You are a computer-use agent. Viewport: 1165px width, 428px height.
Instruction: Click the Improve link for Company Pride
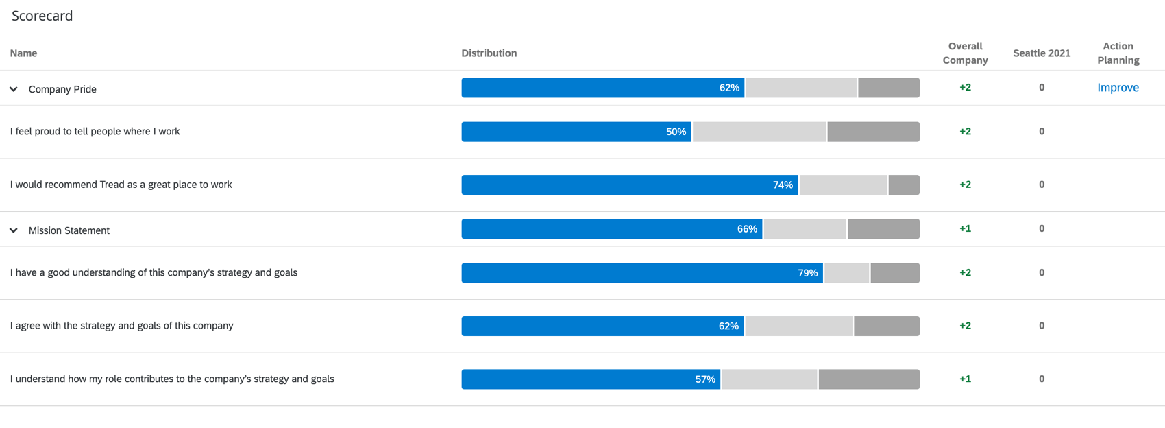1118,88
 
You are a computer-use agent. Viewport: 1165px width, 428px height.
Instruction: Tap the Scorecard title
42,16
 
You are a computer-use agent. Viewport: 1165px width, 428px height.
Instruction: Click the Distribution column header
489,53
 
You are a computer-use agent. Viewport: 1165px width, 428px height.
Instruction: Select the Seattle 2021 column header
1041,53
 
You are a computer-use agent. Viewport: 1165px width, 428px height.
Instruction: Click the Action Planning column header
1118,53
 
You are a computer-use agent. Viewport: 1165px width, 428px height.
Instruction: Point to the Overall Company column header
965,53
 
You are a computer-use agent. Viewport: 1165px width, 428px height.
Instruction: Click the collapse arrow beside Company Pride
14,89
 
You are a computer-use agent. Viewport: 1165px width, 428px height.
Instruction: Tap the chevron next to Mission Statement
14,230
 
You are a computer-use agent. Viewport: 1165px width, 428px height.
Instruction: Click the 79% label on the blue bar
807,273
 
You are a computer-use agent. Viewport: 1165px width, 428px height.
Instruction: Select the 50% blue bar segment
576,132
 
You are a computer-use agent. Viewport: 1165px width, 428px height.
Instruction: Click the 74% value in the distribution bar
783,185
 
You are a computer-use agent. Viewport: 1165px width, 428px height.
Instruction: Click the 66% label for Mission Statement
746,229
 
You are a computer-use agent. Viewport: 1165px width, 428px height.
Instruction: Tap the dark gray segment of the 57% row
868,379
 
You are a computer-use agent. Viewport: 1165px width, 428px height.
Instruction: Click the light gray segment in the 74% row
843,185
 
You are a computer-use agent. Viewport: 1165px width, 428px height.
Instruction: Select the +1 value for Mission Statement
965,229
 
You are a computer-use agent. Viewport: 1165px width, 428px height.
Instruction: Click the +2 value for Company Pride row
965,88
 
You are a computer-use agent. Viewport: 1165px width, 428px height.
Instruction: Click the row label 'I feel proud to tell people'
95,132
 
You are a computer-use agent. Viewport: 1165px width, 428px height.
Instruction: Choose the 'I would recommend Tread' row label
121,185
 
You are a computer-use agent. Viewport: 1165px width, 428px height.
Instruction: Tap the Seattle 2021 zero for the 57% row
1041,379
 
